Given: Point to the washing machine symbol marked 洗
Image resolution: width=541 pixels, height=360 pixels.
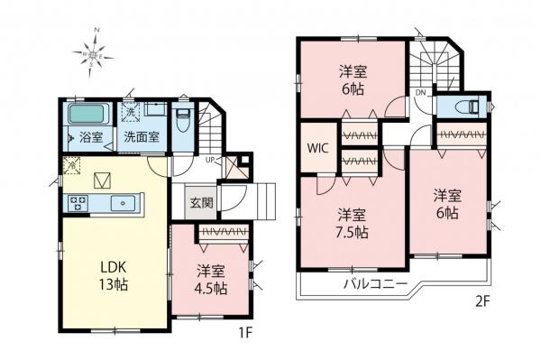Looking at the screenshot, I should click(132, 113).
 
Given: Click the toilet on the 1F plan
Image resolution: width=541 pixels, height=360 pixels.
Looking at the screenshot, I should click(182, 119).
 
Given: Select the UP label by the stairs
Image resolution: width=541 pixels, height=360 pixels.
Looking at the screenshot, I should click(210, 160).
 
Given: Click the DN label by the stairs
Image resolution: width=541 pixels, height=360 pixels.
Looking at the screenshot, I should click(420, 92).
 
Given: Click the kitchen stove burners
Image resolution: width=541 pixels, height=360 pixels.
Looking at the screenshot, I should click(76, 202).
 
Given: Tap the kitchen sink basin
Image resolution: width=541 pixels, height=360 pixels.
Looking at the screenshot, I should click(122, 203).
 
